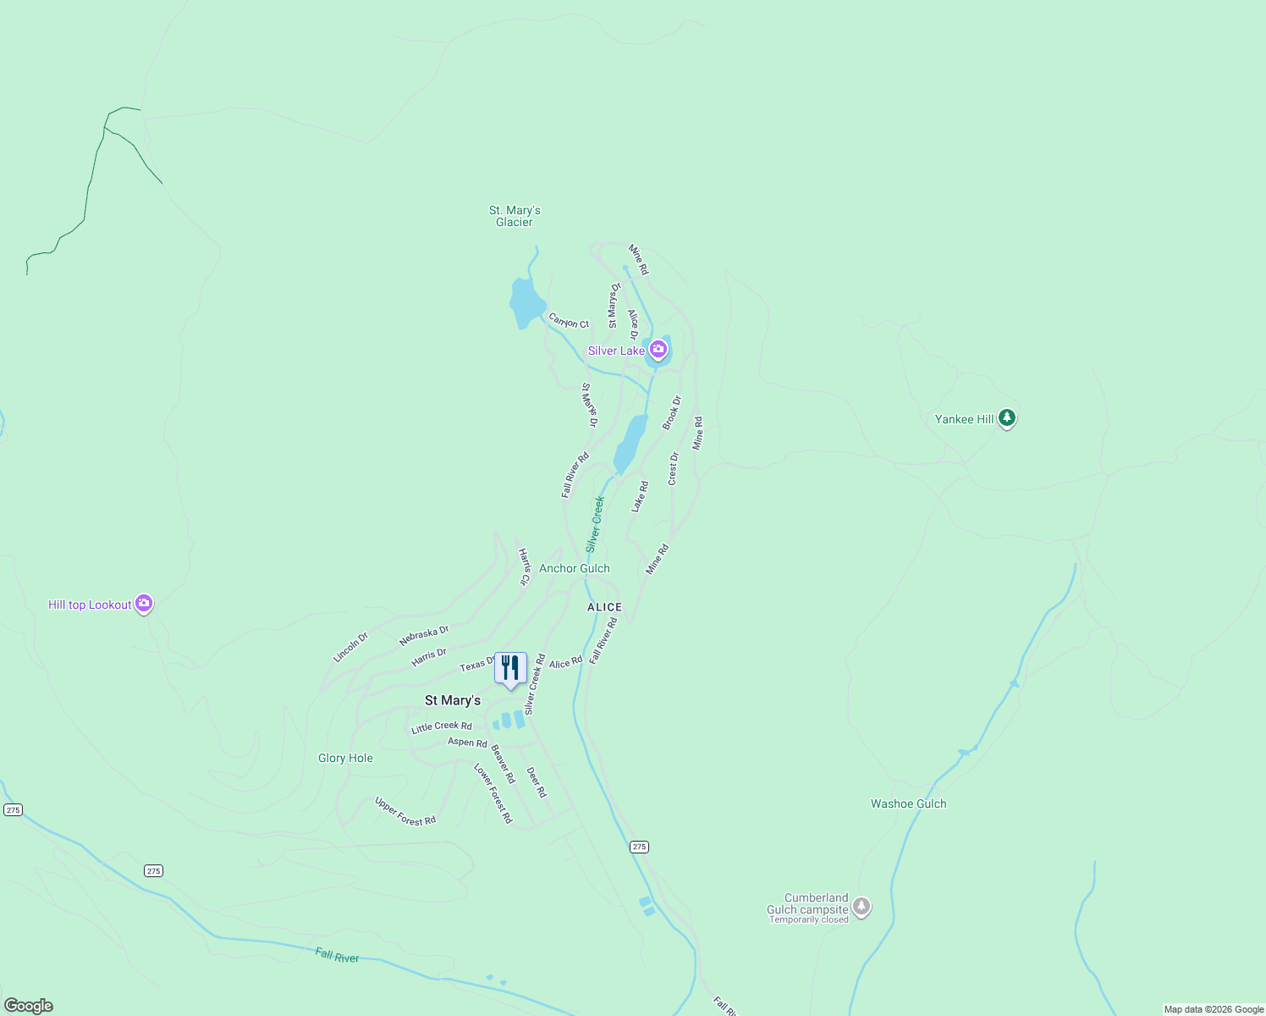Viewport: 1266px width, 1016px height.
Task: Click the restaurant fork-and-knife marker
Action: (510, 669)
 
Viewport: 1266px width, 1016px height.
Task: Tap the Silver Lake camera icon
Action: (658, 349)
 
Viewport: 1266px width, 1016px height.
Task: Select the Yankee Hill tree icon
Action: (1006, 417)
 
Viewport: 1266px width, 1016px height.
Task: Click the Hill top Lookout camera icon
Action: (144, 604)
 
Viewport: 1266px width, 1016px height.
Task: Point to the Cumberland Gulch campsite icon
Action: (861, 907)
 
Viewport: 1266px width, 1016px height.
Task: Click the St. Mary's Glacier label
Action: (515, 216)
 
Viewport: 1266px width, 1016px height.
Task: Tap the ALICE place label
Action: (604, 607)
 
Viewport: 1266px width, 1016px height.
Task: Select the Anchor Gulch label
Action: (574, 568)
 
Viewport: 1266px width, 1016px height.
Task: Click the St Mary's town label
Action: (452, 700)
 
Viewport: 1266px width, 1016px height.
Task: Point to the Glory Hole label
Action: (345, 758)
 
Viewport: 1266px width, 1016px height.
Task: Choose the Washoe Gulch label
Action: (908, 803)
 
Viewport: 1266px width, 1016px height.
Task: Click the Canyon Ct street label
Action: (569, 321)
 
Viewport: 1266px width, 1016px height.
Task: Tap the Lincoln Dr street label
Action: (350, 648)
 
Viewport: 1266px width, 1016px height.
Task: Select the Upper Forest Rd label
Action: (405, 811)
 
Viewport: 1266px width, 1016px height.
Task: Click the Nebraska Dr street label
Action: (424, 635)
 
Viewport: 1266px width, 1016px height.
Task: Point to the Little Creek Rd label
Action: (441, 726)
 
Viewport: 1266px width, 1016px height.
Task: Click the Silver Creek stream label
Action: (595, 524)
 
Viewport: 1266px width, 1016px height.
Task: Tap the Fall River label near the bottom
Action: (337, 956)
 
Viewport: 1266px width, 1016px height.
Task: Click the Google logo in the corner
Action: (29, 1005)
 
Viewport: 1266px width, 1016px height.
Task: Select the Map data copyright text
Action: (1213, 1009)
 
